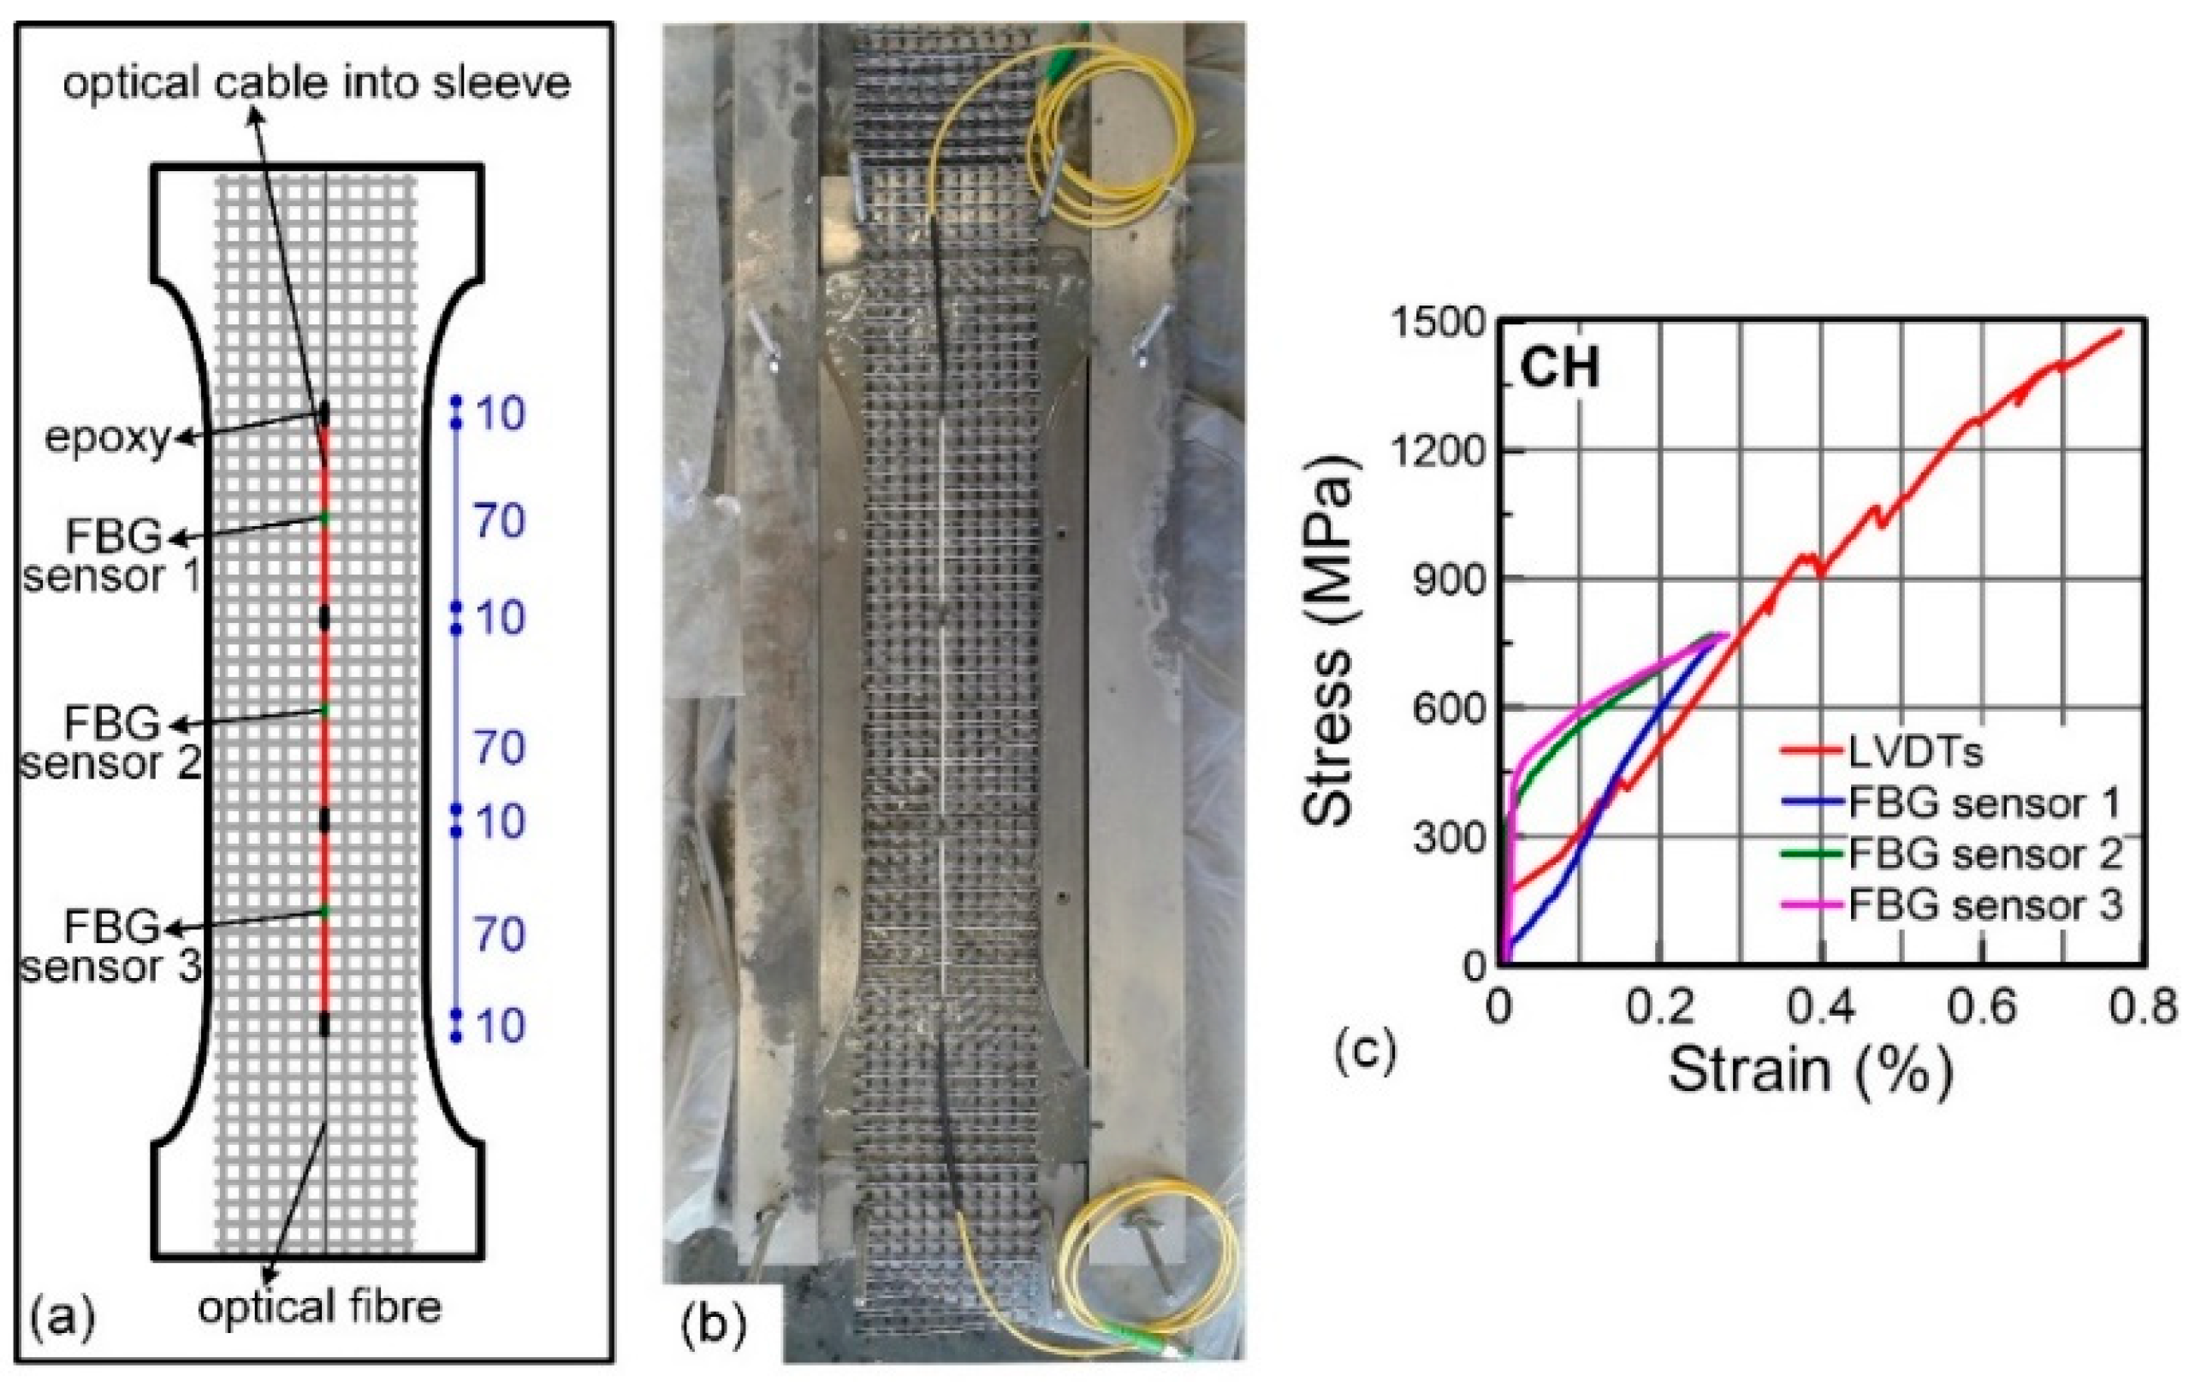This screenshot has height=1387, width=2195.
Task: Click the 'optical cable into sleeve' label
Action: click(317, 84)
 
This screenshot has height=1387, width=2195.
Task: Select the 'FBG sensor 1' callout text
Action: click(111, 557)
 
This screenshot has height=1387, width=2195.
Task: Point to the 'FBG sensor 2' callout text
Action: click(111, 744)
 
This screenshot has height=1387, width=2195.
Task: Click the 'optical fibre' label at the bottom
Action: click(319, 1307)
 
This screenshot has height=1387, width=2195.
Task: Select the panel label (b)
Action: click(714, 1326)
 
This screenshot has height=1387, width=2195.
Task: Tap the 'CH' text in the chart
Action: click(1560, 370)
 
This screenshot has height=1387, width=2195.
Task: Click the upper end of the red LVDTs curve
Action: click(2121, 332)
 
